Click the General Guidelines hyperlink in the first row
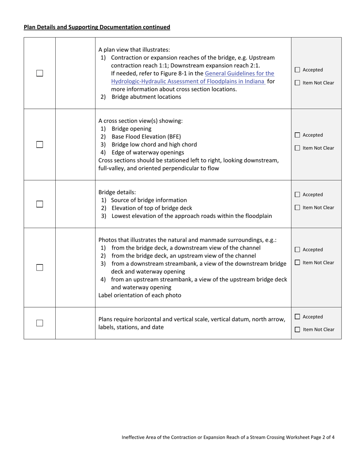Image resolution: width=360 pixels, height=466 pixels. click(x=239, y=73)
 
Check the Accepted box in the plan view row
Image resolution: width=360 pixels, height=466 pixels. click(x=297, y=70)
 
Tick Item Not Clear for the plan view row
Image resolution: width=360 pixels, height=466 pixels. click(x=297, y=83)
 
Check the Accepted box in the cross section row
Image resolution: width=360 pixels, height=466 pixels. click(x=297, y=135)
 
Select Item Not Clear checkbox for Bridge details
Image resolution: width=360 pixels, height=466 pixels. click(x=297, y=207)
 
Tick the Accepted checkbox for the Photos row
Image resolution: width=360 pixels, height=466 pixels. click(x=297, y=250)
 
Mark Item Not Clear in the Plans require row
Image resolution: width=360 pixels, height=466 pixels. click(x=297, y=330)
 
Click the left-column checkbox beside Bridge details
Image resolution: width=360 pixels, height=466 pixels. click(x=40, y=204)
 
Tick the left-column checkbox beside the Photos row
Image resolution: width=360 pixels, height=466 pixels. click(x=40, y=267)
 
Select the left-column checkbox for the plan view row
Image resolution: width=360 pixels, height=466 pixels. click(x=40, y=73)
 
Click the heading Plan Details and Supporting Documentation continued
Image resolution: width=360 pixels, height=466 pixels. click(x=97, y=27)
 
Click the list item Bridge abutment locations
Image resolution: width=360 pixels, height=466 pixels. click(x=146, y=97)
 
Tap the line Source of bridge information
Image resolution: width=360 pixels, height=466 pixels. click(x=149, y=200)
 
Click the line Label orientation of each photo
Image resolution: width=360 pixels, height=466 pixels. click(x=140, y=295)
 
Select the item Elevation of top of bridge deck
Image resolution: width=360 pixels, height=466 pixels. click(x=152, y=208)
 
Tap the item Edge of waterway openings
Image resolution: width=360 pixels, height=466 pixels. click(x=148, y=153)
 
